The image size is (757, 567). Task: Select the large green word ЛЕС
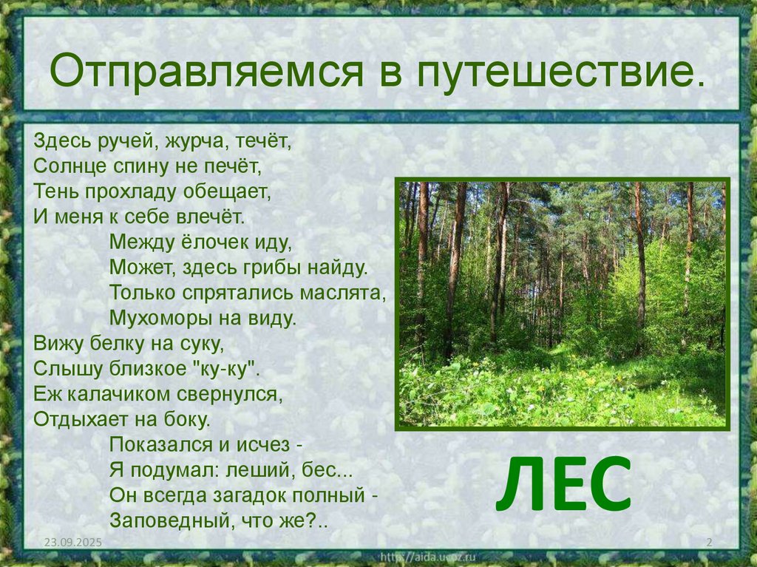point(563,484)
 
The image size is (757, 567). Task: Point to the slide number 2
point(709,543)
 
